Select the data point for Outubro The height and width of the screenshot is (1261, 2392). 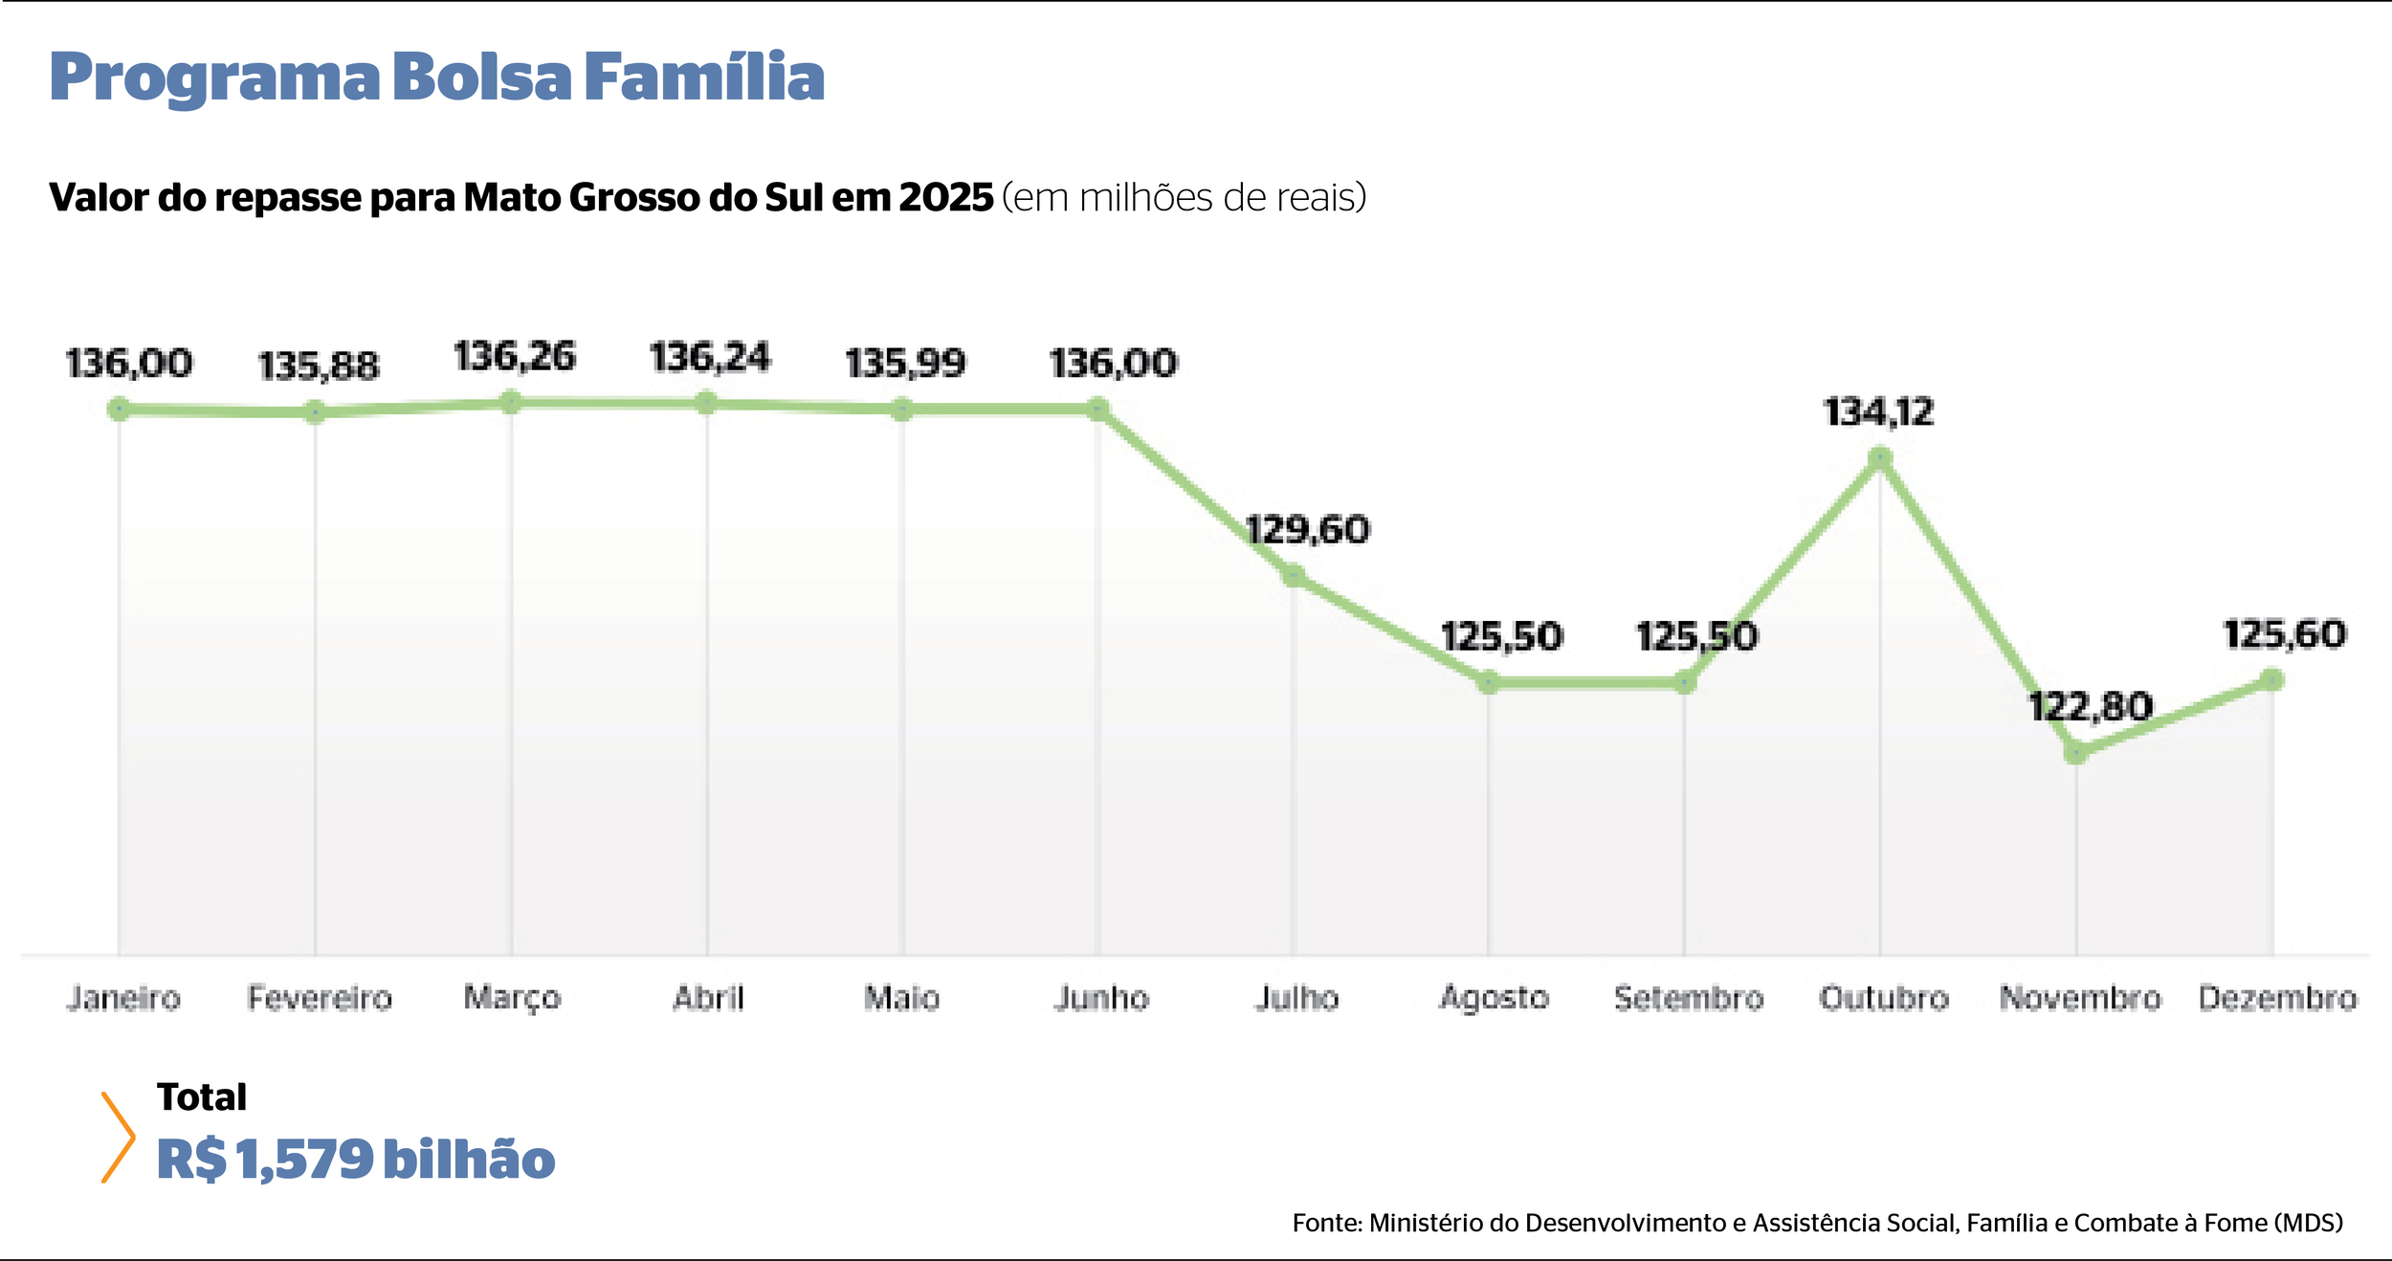click(x=1879, y=459)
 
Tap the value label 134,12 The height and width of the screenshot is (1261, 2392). click(x=1878, y=412)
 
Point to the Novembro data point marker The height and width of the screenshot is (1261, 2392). click(x=2075, y=753)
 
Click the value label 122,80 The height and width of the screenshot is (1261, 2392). click(x=2090, y=707)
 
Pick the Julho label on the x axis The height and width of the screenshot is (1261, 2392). click(x=1296, y=998)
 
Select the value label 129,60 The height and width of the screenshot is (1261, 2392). click(x=1307, y=529)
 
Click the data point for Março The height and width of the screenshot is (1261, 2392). click(x=511, y=403)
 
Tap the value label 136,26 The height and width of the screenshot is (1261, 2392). click(x=514, y=357)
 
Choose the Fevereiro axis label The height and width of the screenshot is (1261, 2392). click(x=320, y=998)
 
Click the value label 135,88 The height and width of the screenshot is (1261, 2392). click(x=319, y=365)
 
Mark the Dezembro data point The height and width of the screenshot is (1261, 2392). click(x=2272, y=680)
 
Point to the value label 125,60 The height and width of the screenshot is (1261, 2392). click(x=2284, y=634)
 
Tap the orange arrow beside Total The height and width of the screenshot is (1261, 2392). click(x=118, y=1138)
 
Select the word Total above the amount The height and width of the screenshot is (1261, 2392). click(x=202, y=1097)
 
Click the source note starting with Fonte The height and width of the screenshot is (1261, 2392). click(x=1817, y=1223)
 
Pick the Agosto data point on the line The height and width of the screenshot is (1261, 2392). click(x=1488, y=682)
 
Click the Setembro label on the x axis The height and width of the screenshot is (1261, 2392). click(x=1689, y=998)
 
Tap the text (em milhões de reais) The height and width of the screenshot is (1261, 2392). click(x=1184, y=197)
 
